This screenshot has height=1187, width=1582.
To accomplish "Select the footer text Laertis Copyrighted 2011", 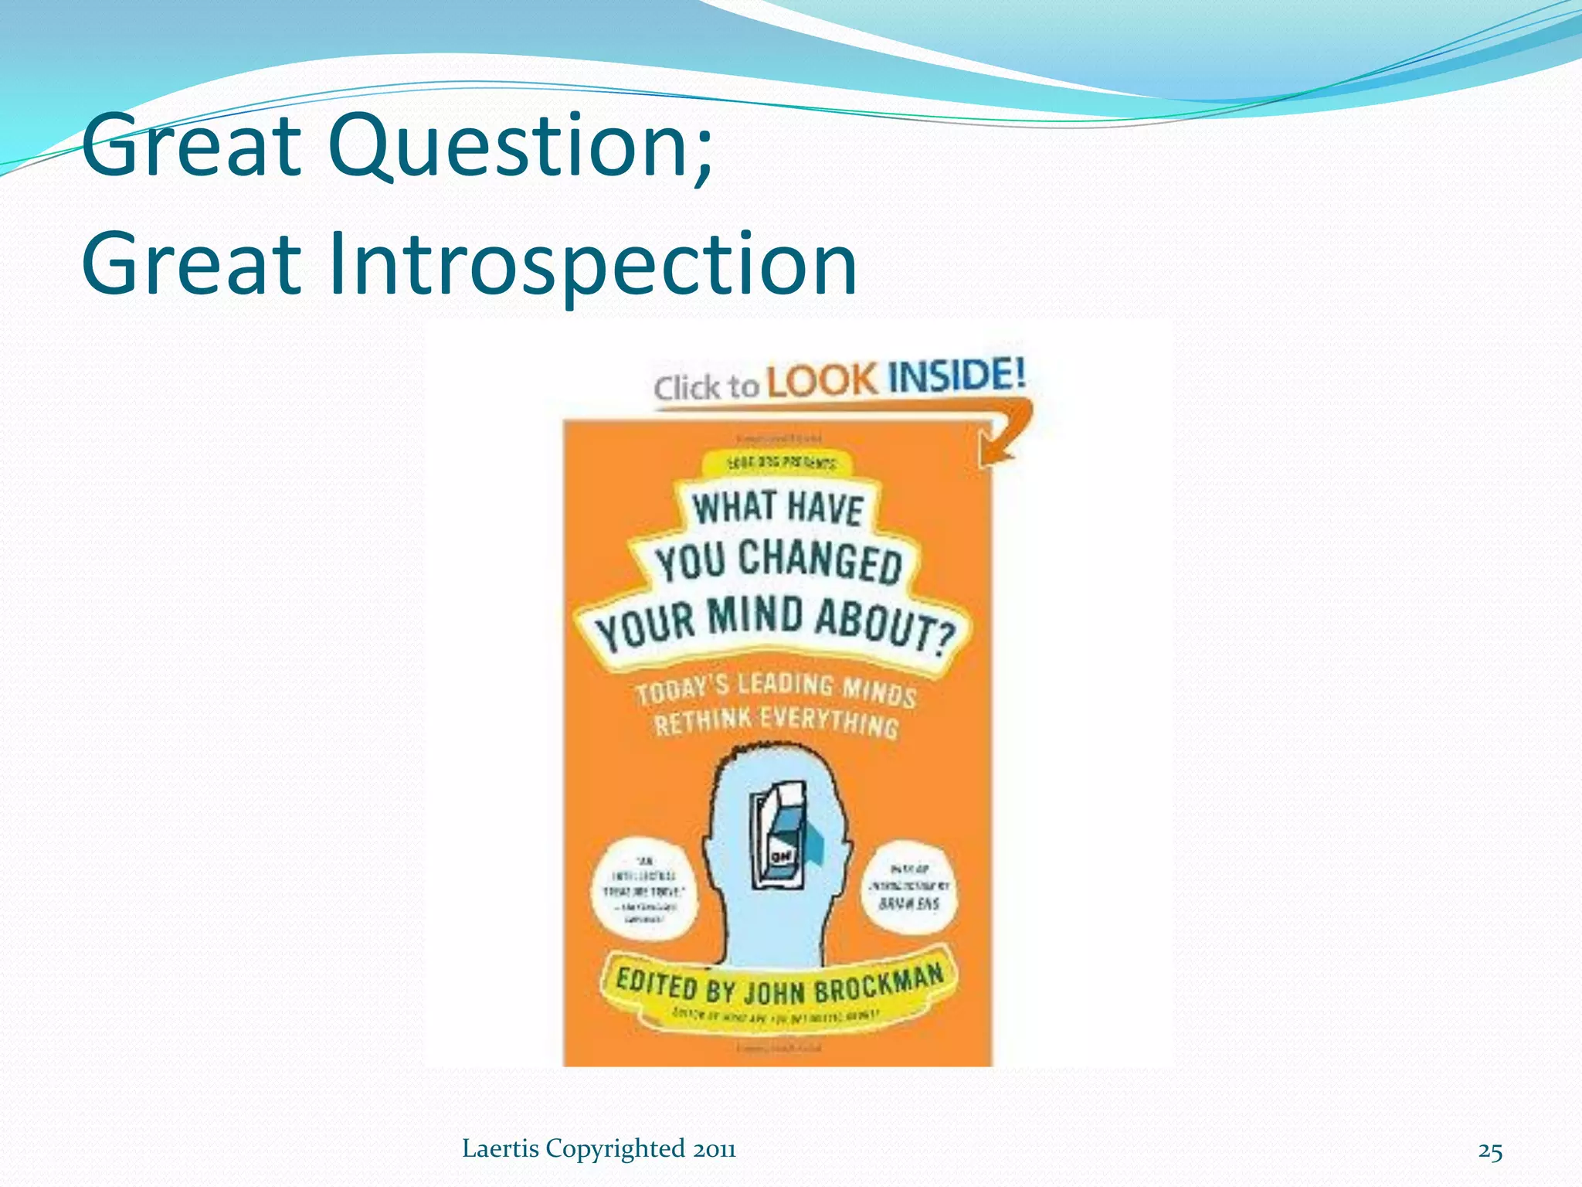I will [x=599, y=1149].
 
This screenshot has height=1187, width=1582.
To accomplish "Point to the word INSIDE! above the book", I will [x=956, y=376].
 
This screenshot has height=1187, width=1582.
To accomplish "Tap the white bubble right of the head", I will [x=909, y=887].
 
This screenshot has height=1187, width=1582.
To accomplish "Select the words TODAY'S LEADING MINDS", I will [x=776, y=687].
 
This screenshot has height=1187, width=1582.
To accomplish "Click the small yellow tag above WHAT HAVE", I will [x=780, y=464].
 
